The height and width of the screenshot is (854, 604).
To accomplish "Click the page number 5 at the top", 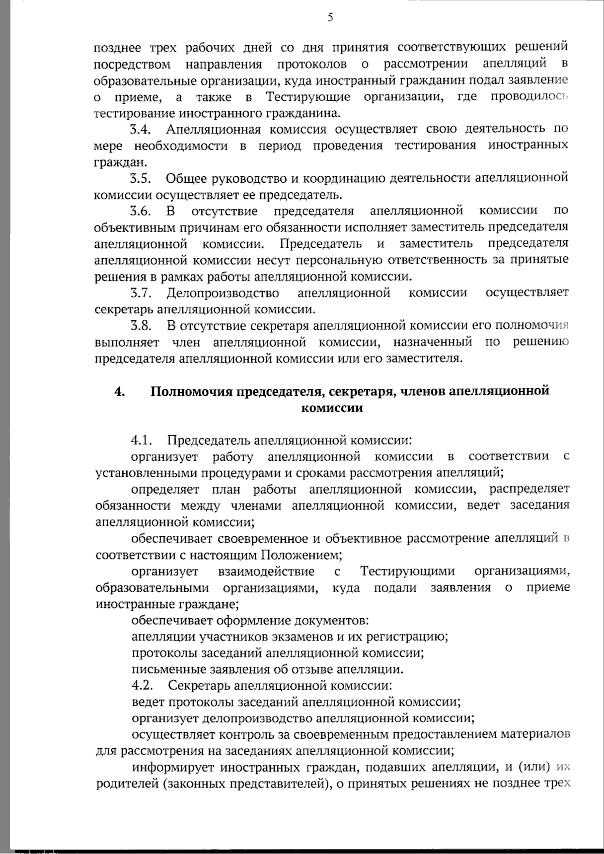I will click(x=330, y=18).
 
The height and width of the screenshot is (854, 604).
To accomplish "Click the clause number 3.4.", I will click(x=141, y=129).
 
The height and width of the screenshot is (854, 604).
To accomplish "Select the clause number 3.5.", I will click(x=141, y=178).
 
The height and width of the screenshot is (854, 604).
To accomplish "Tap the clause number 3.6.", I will click(x=141, y=210).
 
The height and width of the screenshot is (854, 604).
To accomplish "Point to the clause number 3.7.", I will click(x=141, y=293).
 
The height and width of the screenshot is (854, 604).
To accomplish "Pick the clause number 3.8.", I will click(x=141, y=325).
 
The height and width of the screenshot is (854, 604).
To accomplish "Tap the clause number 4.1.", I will click(x=141, y=440).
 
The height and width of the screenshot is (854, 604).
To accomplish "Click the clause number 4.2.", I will click(x=141, y=685).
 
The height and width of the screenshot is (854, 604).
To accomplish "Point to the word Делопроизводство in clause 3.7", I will click(x=223, y=293).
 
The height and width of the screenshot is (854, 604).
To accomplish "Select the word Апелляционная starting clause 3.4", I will click(x=213, y=129).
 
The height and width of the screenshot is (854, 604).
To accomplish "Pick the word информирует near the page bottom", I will click(x=169, y=767).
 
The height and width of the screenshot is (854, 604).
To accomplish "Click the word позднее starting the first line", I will click(x=117, y=47).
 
